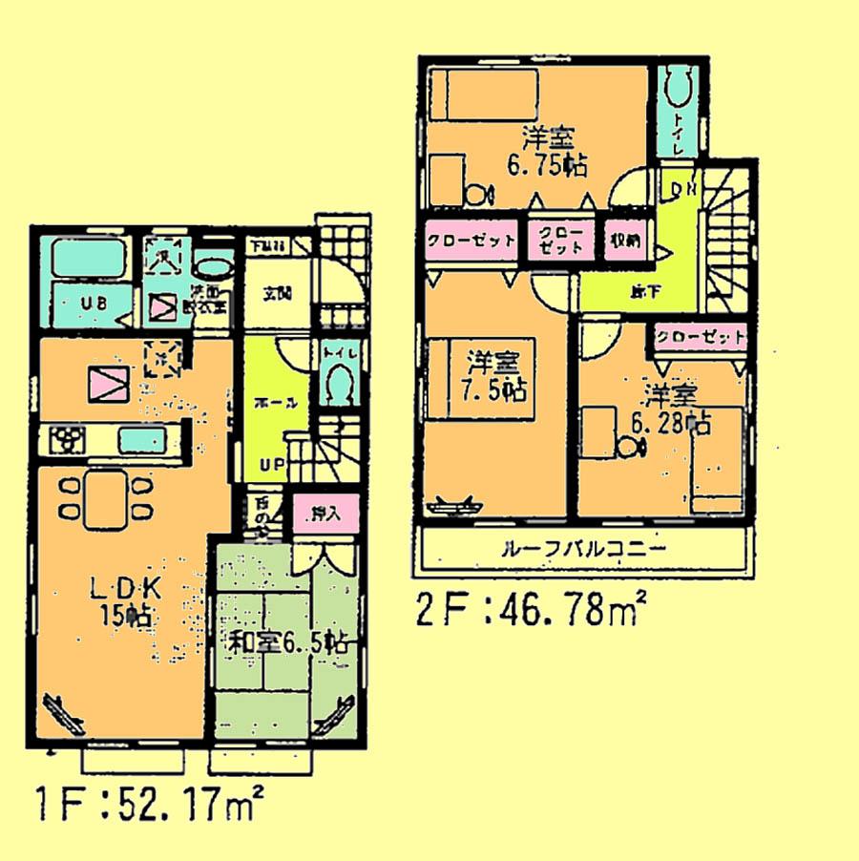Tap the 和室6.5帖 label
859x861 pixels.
[x=286, y=643]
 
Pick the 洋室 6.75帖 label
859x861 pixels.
[x=547, y=150]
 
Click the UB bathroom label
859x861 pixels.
[x=93, y=304]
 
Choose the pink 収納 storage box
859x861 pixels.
[x=625, y=240]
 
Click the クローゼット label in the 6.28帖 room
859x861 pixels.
[x=701, y=336]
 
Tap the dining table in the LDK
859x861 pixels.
[x=105, y=498]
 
